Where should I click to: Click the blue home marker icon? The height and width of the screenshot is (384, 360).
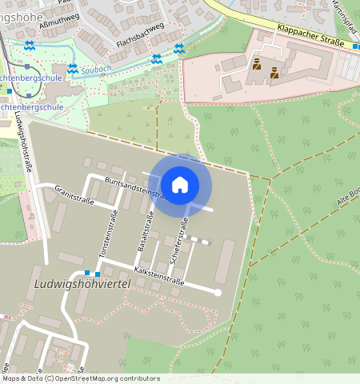[180, 185]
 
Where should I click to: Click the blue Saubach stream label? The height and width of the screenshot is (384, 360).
[97, 70]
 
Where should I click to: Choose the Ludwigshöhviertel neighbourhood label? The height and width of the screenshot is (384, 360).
[82, 285]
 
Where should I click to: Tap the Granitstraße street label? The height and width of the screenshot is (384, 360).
[74, 194]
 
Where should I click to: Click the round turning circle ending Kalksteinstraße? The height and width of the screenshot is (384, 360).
[217, 293]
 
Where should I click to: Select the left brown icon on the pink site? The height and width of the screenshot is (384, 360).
[256, 64]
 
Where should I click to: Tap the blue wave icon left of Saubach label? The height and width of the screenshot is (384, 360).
[73, 70]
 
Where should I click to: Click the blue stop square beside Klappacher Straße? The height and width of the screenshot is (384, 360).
[355, 47]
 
